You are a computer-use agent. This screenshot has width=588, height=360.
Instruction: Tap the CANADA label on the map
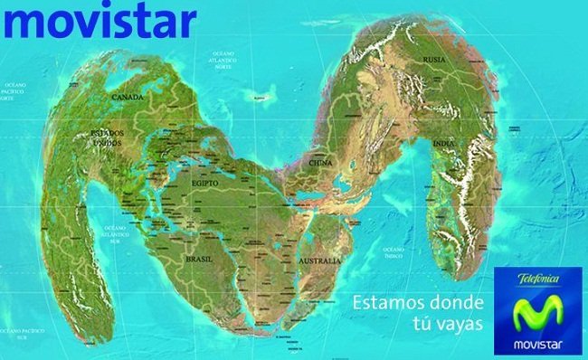coord(128,96)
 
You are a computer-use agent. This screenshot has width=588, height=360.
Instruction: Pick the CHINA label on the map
coord(321,163)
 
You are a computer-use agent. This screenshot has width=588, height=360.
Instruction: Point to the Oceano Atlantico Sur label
coord(116,234)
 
